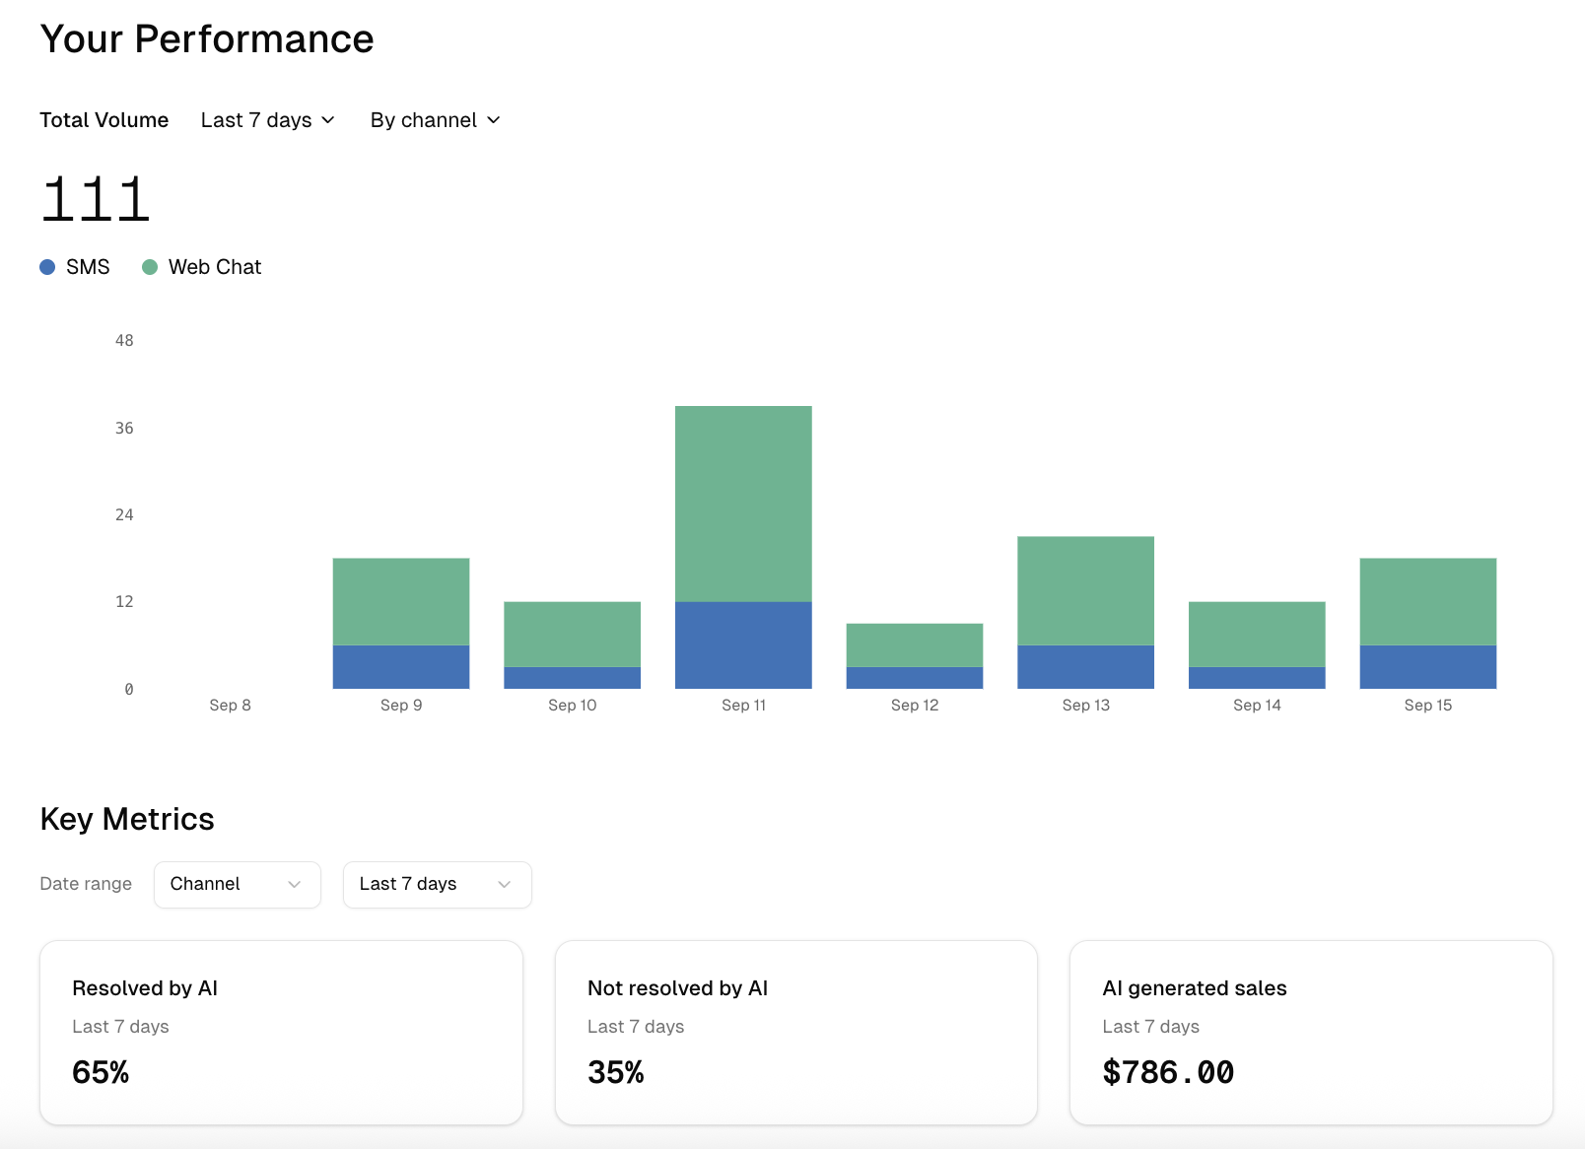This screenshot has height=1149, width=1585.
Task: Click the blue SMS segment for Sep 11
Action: [x=743, y=644]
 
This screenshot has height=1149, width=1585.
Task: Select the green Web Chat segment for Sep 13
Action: [x=1085, y=590]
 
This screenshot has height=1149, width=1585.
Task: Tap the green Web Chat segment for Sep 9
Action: [x=401, y=601]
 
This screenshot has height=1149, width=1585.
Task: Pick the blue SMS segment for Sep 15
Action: [x=1427, y=666]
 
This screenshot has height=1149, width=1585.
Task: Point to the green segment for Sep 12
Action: [x=915, y=644]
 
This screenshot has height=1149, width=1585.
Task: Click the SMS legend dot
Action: [x=47, y=267]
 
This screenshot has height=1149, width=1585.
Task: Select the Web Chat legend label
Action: [x=214, y=267]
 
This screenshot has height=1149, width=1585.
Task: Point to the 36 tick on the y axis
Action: [x=124, y=428]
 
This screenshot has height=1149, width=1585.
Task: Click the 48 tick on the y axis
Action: [x=124, y=340]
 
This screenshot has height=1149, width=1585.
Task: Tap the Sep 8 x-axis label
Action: [x=230, y=705]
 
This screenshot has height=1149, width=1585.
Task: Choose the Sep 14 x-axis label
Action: [x=1257, y=705]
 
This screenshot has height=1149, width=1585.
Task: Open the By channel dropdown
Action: [x=436, y=120]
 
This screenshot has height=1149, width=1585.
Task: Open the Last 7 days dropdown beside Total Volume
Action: [x=268, y=120]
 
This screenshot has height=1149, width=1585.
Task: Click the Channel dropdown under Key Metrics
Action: [x=237, y=884]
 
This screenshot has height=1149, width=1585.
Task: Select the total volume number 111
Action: [x=95, y=199]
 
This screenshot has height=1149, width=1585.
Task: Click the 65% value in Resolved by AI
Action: [x=101, y=1072]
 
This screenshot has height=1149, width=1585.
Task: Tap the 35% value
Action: [x=616, y=1072]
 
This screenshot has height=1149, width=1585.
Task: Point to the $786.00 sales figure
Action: [x=1168, y=1072]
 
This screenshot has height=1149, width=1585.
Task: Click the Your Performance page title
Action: [x=207, y=39]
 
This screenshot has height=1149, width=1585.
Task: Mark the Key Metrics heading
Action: [x=127, y=819]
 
